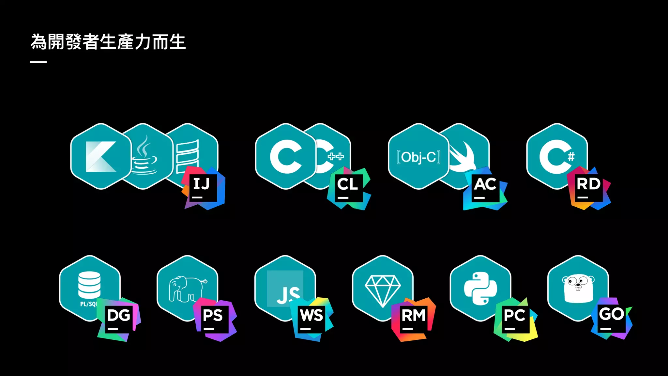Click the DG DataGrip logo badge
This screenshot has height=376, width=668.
pos(119,319)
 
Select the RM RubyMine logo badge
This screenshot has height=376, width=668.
pos(413,319)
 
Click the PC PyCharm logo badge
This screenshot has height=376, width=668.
pos(515,319)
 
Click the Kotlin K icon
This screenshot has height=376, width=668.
pos(100,157)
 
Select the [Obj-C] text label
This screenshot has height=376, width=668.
pos(418,157)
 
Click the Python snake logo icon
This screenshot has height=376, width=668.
pos(480,288)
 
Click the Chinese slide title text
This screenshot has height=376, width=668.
pos(108,42)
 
